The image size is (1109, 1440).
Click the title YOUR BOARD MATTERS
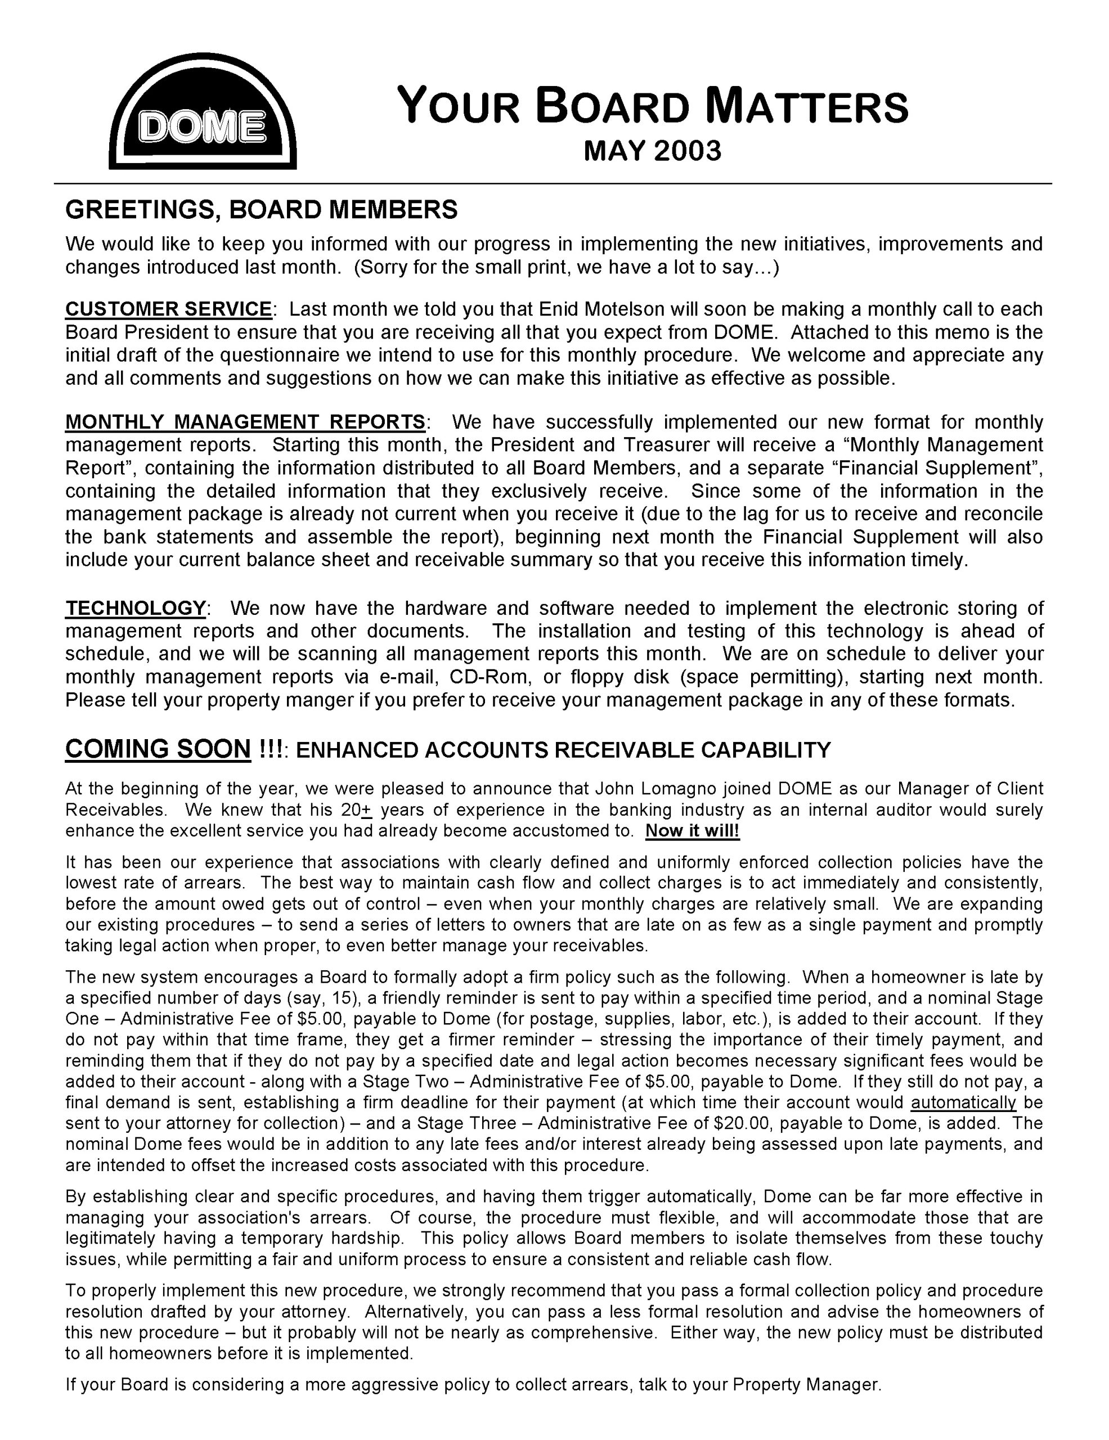click(652, 107)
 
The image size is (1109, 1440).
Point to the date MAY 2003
click(652, 151)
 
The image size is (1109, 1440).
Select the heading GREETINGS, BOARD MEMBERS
click(261, 210)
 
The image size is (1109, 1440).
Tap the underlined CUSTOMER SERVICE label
click(168, 309)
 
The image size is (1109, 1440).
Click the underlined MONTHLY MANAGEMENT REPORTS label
click(245, 421)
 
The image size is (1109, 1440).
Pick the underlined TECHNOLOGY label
click(136, 607)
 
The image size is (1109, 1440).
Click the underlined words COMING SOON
click(158, 749)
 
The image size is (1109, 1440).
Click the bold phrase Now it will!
click(692, 831)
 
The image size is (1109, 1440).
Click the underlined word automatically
click(963, 1102)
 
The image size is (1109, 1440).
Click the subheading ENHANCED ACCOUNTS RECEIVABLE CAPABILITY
click(563, 750)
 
